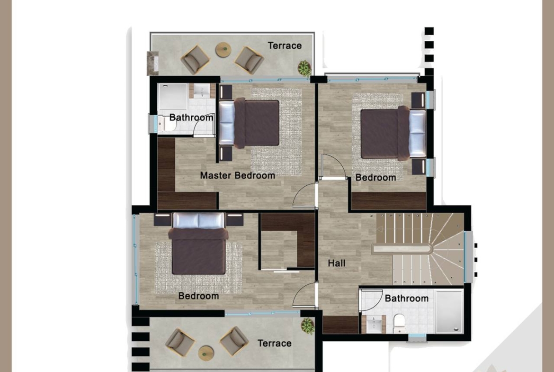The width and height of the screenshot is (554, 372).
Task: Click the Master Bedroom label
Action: (237, 175)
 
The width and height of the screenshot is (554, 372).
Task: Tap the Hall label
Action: (336, 263)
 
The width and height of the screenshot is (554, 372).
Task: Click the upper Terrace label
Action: (285, 45)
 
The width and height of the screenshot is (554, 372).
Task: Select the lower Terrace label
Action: (275, 344)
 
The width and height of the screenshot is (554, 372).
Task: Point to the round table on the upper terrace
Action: (223, 49)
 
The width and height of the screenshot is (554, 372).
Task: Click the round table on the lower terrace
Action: (206, 353)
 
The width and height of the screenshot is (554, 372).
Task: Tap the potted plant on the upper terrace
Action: (304, 68)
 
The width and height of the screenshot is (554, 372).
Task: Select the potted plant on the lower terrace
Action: (307, 326)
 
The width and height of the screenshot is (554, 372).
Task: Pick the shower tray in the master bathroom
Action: (173, 97)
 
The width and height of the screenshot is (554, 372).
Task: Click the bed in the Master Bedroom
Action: (249, 123)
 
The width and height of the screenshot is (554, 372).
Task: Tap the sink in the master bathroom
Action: (202, 91)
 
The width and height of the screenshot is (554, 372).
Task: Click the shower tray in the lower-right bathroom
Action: (449, 311)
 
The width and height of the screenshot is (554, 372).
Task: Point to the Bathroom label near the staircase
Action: (407, 299)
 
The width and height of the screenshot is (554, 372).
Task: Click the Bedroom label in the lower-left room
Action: (198, 296)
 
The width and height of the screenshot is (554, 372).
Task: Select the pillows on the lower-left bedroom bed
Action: (198, 220)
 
